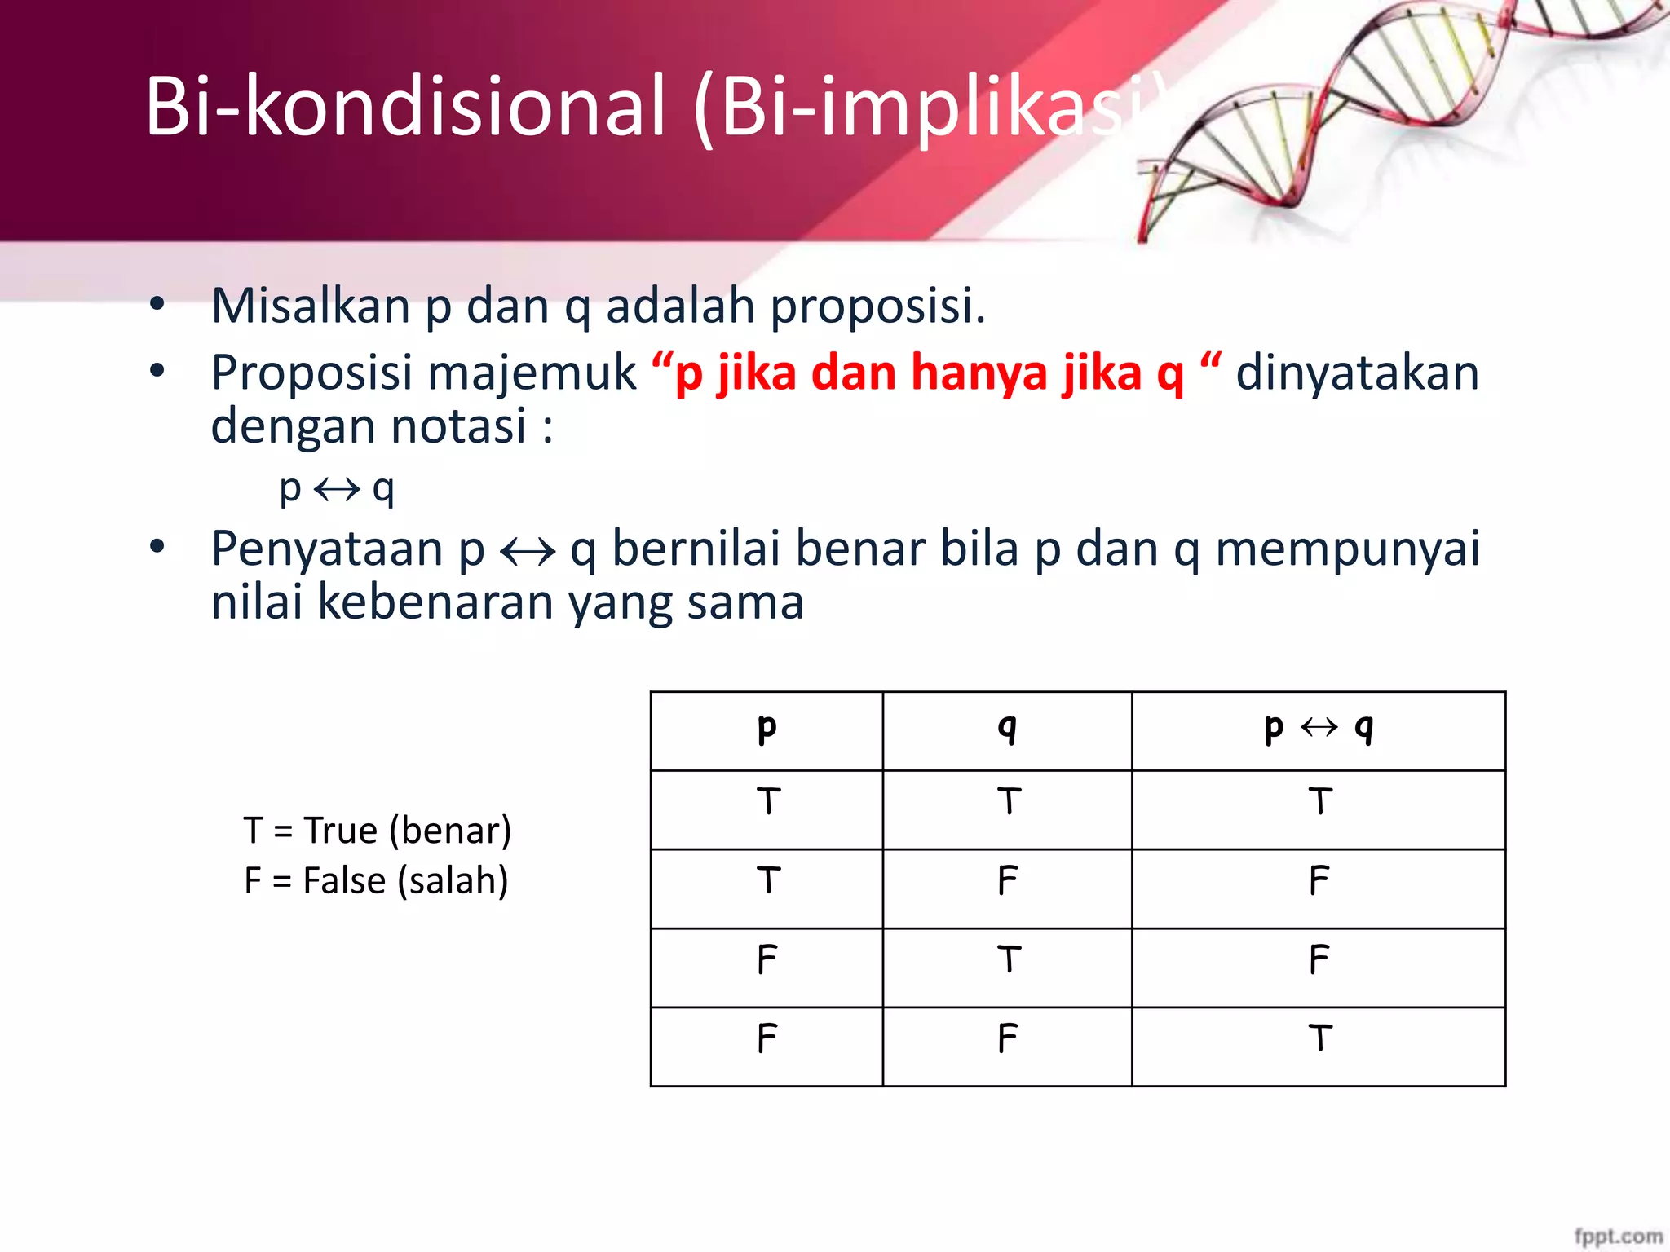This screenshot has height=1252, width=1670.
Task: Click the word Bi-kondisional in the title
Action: tap(405, 106)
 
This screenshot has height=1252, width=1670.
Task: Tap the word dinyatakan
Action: tap(1357, 373)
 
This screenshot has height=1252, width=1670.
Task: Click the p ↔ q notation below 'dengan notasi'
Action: tap(337, 489)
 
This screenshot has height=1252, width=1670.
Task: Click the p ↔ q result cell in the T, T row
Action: tap(1319, 803)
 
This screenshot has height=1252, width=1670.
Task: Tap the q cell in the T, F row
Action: tap(1007, 881)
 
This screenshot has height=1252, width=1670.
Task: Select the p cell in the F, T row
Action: tap(767, 960)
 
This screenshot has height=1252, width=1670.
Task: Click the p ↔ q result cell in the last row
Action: tap(1319, 1039)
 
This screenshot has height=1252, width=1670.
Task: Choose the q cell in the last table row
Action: tap(1007, 1039)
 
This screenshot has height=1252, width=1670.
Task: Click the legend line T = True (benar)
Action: tap(378, 831)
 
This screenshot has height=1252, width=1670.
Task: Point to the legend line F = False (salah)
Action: tap(376, 881)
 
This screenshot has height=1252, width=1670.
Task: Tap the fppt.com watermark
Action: tap(1618, 1236)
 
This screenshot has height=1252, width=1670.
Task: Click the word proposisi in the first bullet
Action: tap(877, 306)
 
